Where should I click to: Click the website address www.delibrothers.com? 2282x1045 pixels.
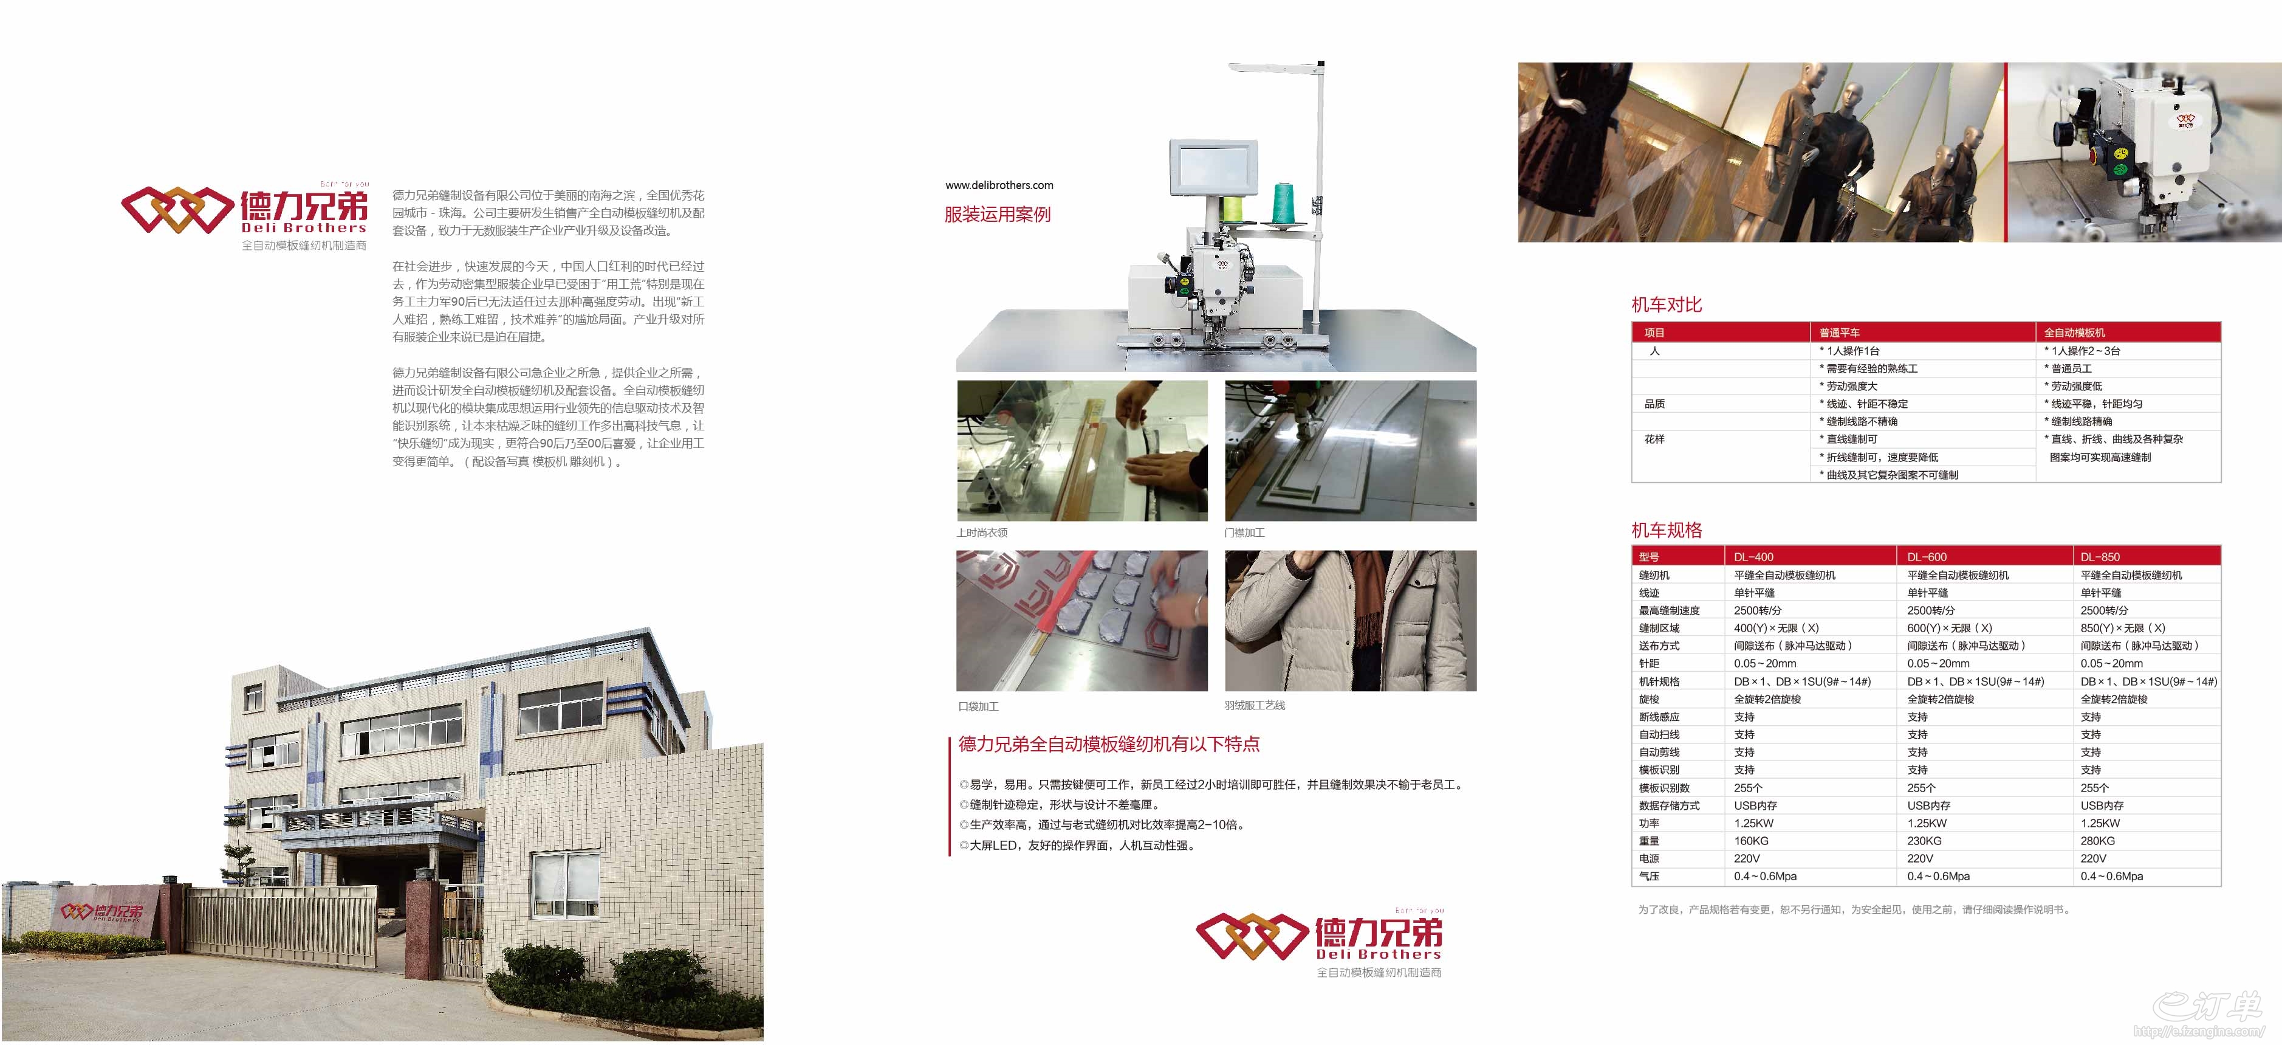999,185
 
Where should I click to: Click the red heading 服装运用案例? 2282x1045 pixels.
998,215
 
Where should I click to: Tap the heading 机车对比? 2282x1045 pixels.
1667,305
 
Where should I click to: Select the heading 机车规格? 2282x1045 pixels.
1667,530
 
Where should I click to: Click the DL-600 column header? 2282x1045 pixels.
1927,557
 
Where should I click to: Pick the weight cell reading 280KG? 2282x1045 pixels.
2098,840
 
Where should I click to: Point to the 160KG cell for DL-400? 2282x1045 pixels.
1752,840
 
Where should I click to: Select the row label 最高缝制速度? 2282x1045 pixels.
1669,610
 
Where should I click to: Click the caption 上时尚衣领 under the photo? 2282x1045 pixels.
982,533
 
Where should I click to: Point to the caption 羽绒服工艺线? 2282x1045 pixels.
1255,706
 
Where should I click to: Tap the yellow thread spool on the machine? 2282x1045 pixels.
1232,210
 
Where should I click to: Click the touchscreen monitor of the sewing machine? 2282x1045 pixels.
1213,168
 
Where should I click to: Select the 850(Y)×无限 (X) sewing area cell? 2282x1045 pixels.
2123,627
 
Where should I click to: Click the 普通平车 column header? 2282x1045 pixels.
1839,333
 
